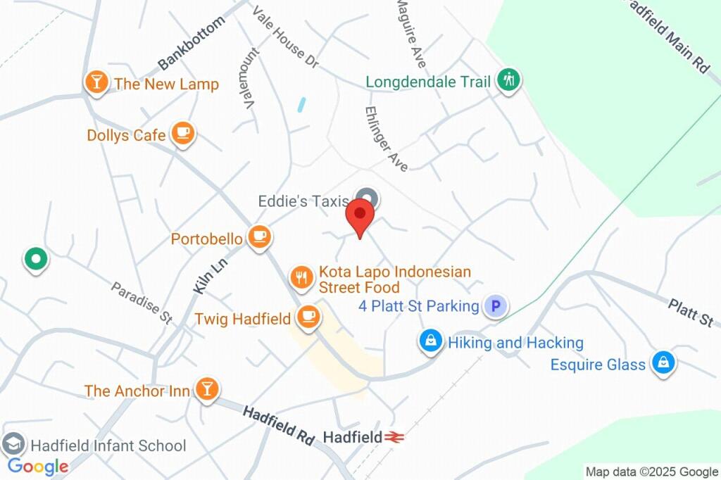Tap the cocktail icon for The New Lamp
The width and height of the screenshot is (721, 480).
coord(96,82)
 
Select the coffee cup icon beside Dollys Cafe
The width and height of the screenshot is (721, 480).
coord(183,133)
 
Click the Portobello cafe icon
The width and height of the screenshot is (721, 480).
coord(259,237)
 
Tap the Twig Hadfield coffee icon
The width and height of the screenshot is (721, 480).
coord(308,317)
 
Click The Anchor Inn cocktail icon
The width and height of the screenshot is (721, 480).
coord(207,388)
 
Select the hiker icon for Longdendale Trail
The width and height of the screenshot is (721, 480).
coord(507,80)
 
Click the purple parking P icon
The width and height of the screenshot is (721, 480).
coord(496,306)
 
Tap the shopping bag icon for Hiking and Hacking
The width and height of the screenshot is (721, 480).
coord(430,341)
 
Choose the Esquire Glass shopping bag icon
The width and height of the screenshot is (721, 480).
coord(663,362)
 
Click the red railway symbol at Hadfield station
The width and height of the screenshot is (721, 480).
coord(394,437)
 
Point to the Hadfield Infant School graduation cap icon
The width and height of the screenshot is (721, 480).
coord(13,443)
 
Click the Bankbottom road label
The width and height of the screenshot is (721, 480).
coord(192,43)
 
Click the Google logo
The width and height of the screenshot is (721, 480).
coord(38,466)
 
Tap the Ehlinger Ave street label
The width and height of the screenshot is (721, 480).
coord(386,139)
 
